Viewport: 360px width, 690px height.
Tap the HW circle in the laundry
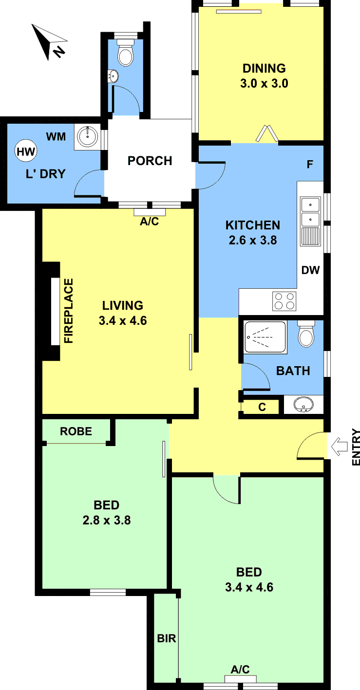(26, 151)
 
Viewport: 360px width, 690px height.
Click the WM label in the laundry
(56, 136)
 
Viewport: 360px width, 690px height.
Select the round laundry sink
(88, 136)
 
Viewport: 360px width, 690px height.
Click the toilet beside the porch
(126, 53)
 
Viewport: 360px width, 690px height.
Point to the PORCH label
(150, 161)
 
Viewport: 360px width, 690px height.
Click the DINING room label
(264, 68)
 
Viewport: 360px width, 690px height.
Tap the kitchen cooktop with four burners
(284, 301)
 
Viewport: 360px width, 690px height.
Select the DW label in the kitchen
(310, 270)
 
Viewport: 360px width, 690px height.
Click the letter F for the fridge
(310, 165)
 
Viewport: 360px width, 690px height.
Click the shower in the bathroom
(265, 337)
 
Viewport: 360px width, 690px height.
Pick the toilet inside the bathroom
(306, 334)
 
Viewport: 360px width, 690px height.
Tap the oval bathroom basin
(303, 405)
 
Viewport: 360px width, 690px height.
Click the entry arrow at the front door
(340, 447)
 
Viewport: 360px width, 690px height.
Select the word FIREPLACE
(68, 311)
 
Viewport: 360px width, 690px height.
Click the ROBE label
(76, 431)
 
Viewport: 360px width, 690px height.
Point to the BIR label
(167, 638)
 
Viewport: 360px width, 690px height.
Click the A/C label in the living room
(149, 222)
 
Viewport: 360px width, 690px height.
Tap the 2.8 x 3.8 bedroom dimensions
(107, 520)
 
